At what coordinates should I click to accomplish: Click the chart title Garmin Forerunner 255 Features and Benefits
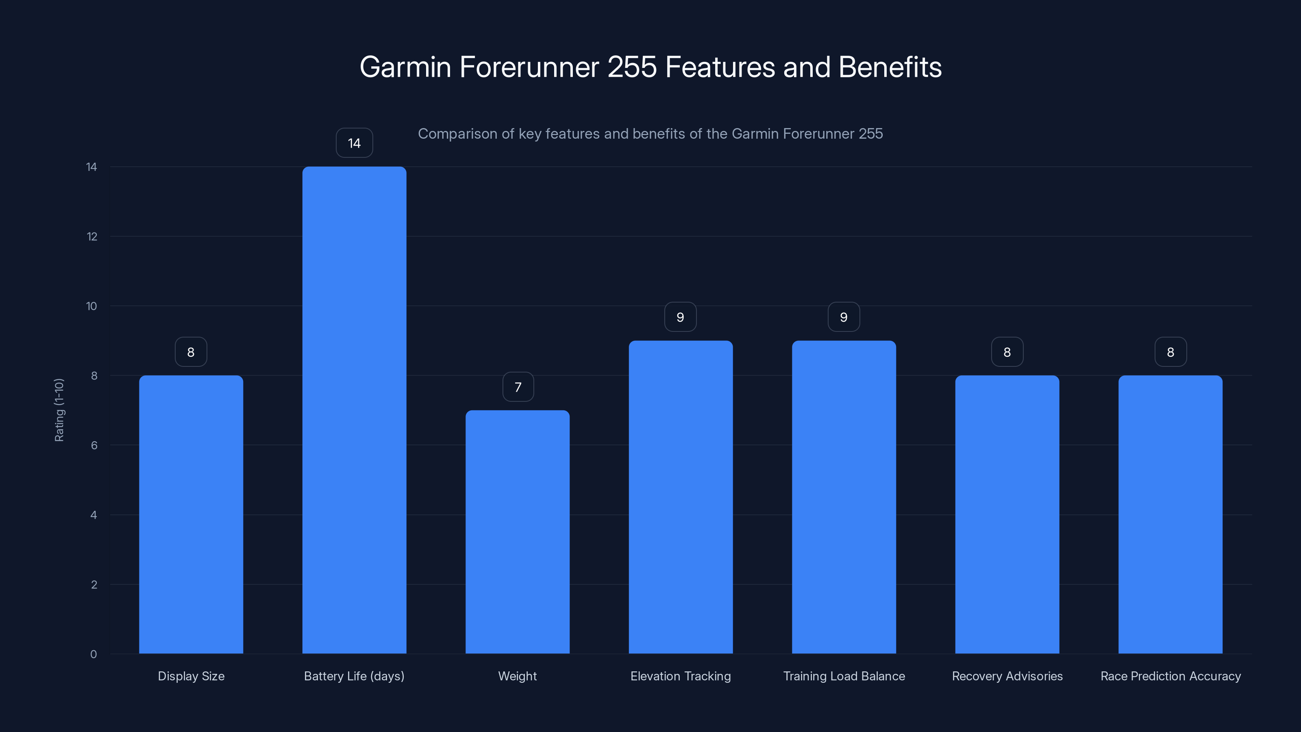pos(650,67)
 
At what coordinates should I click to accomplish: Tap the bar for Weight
pos(517,532)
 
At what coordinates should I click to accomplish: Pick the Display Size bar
pos(191,514)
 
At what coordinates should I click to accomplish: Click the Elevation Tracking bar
pos(680,497)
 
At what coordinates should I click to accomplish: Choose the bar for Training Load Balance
pos(844,497)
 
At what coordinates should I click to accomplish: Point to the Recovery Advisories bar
pos(1007,514)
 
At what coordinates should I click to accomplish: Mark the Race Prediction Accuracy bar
pos(1170,514)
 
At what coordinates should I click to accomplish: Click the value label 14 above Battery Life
pos(354,143)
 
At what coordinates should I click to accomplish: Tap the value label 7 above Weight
pos(518,387)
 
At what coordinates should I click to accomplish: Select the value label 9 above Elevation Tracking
pos(680,317)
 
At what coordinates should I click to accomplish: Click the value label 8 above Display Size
pos(191,352)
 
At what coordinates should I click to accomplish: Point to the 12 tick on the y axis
pos(92,236)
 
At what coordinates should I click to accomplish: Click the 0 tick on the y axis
pos(94,654)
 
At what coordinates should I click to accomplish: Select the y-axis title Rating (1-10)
pos(59,410)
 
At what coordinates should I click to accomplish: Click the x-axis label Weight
pos(517,676)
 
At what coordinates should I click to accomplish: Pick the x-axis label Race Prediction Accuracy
pos(1170,676)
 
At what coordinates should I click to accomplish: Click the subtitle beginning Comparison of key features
pos(650,134)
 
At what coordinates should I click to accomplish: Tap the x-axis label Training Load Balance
pos(844,676)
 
